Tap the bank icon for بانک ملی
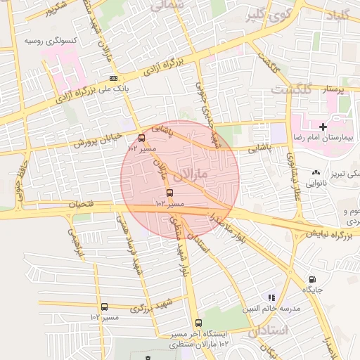coord(115,79)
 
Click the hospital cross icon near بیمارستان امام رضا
coord(323,127)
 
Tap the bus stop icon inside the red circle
coord(169,192)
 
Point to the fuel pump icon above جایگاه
coord(312,279)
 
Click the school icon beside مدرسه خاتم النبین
coord(272,298)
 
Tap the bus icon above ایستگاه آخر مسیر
coord(198,323)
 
